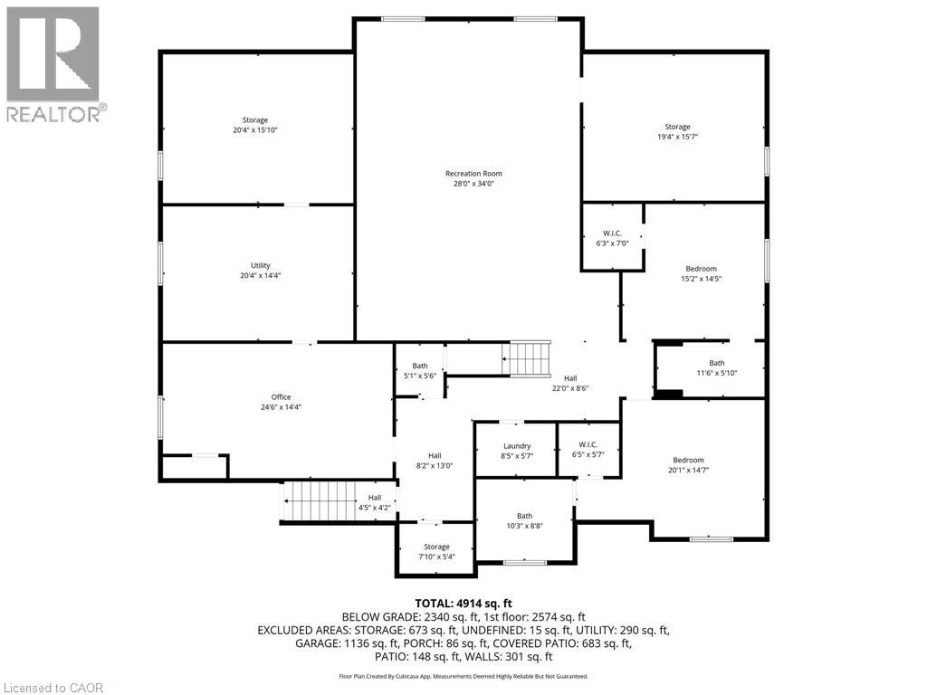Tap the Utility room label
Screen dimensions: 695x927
(261, 266)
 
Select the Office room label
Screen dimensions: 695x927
(281, 397)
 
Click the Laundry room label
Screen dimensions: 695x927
(516, 446)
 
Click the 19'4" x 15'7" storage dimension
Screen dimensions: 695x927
(677, 137)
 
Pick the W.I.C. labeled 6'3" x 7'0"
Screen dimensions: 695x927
(612, 238)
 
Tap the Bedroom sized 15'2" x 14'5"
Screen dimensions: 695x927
(701, 273)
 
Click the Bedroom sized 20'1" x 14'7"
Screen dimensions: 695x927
(687, 465)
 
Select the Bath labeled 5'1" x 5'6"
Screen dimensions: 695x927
(420, 371)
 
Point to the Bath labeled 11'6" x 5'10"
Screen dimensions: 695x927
(716, 367)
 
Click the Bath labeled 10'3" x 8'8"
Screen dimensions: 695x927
(525, 520)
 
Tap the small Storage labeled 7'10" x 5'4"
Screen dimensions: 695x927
(436, 552)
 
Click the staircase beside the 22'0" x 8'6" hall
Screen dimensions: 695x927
(527, 358)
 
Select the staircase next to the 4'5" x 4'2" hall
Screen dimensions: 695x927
(320, 500)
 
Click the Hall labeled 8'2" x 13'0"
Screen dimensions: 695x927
(435, 461)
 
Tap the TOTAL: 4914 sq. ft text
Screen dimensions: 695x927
(463, 603)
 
